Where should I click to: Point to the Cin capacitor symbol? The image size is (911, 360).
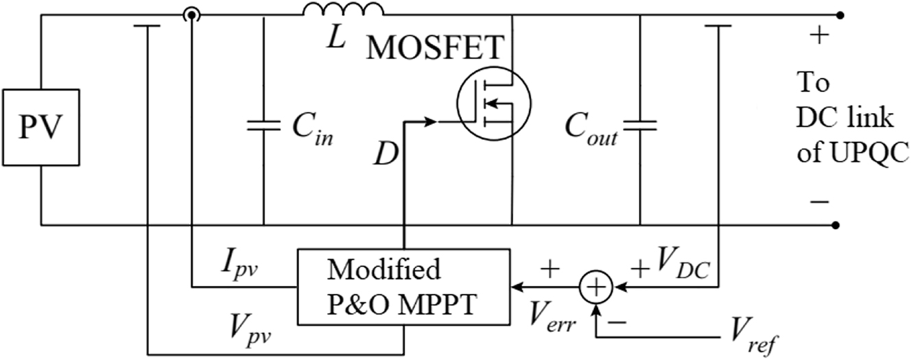pyautogui.click(x=263, y=125)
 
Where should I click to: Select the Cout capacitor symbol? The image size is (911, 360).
pyautogui.click(x=639, y=125)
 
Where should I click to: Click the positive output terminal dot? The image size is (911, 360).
pyautogui.click(x=836, y=14)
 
